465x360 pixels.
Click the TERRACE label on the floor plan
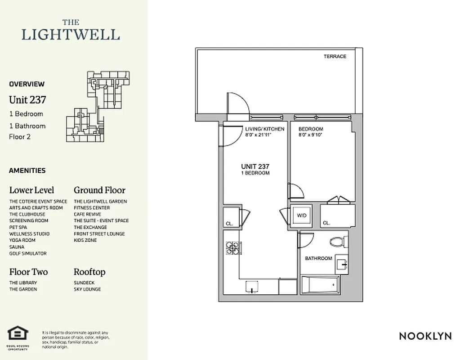[335, 56]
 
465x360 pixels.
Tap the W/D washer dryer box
[300, 215]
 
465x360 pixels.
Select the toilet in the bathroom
[337, 242]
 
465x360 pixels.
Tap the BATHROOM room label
[318, 258]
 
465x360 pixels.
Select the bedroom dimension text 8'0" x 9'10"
[311, 135]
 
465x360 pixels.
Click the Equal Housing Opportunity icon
[18, 333]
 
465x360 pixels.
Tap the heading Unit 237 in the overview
[27, 99]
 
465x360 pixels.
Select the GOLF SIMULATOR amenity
[28, 253]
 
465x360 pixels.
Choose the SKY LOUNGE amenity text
[87, 289]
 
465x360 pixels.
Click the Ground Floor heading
[99, 190]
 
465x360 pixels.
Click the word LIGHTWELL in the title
[71, 34]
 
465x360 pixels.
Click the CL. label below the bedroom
[326, 223]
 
